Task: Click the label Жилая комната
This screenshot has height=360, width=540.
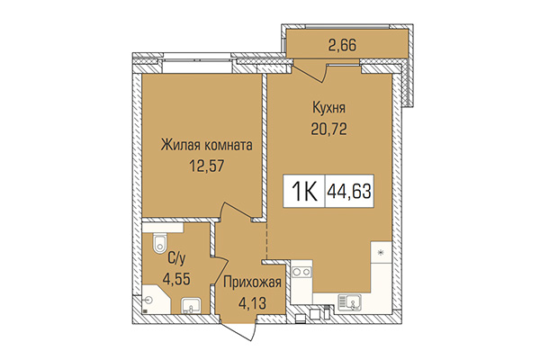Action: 206,144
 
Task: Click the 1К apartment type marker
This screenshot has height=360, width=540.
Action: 304,191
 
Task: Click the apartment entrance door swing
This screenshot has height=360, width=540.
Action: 243,326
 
